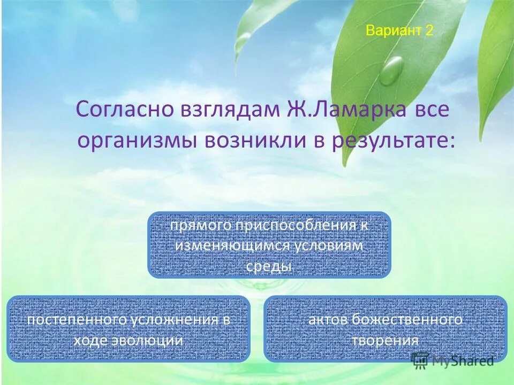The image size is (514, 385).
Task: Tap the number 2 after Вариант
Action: [429, 30]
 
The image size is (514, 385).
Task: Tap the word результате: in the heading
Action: [393, 141]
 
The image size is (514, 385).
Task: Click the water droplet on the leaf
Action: [392, 70]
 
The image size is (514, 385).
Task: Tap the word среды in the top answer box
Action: [269, 266]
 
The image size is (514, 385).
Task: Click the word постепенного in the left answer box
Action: [77, 320]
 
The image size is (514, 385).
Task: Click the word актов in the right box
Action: [328, 320]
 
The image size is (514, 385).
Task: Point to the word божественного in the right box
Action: [407, 320]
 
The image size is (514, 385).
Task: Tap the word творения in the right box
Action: [385, 341]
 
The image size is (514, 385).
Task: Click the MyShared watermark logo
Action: [453, 361]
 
